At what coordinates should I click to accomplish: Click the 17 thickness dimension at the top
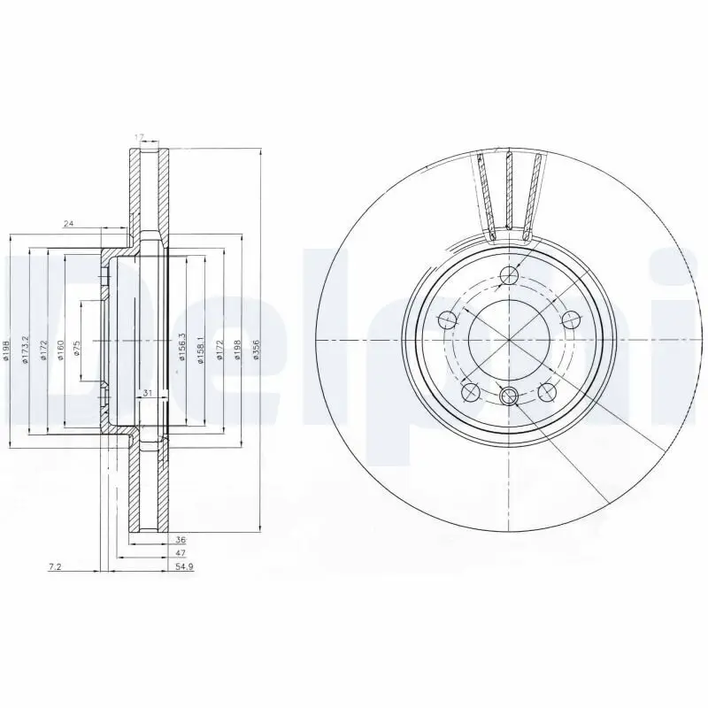coord(139,136)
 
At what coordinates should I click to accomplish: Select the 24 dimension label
coord(68,224)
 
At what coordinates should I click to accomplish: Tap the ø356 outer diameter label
coord(257,348)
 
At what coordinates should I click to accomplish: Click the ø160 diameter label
coord(60,348)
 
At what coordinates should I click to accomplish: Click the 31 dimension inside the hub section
coord(148,393)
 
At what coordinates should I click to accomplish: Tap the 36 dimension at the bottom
coord(181,538)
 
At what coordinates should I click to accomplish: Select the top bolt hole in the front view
coord(509,276)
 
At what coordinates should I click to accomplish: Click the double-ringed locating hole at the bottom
coord(509,396)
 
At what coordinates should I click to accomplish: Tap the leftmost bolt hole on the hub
coord(447,319)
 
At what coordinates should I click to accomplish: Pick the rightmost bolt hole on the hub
coord(571,319)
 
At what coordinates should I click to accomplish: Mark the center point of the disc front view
coord(509,341)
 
